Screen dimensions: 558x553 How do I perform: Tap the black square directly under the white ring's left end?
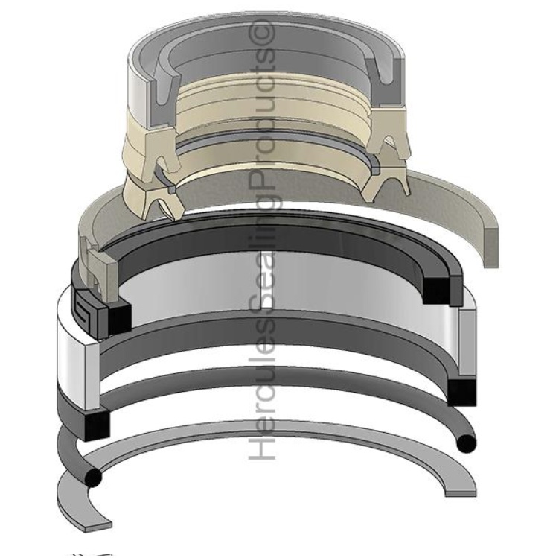96,424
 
